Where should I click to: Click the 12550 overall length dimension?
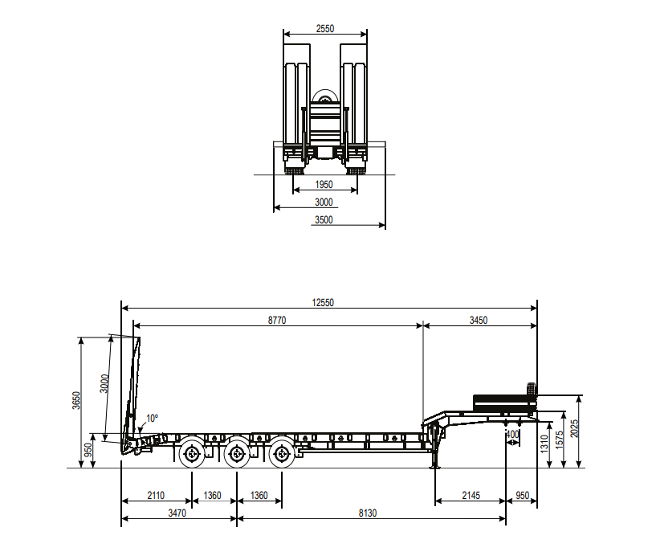[x=323, y=302]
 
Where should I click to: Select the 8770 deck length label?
[x=277, y=320]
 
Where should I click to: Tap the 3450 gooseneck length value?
[x=479, y=320]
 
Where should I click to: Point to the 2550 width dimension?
[x=324, y=28]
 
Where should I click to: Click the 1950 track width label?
[x=324, y=184]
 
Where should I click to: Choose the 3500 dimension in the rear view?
[x=324, y=219]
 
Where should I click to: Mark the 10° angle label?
[x=153, y=418]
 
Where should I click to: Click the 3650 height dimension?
[x=76, y=400]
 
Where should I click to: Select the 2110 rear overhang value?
[x=156, y=496]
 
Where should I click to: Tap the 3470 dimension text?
[x=177, y=513]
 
